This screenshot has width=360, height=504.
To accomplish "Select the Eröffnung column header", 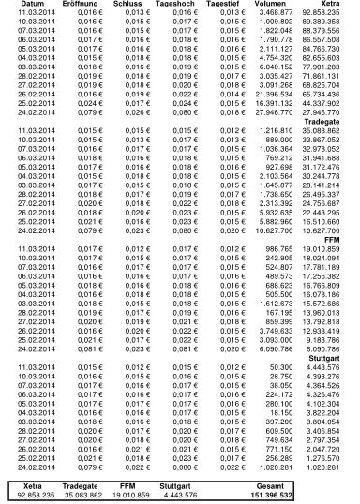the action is pos(82,4).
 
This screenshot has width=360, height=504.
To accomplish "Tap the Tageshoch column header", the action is pos(184,4).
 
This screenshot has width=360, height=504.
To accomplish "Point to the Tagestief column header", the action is pos(236,4).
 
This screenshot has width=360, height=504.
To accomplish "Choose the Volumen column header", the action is pos(287,4).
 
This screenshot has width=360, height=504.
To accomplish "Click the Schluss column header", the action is pos(132,4).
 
